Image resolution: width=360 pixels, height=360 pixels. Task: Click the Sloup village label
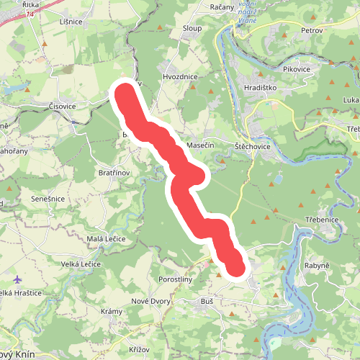pos(192,28)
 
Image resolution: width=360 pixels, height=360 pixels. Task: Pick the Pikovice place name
pos(297,69)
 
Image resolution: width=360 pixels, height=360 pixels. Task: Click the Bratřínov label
pos(113,174)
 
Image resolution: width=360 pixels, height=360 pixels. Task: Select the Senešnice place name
pos(48,199)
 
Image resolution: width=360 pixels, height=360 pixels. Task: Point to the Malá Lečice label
pos(106,238)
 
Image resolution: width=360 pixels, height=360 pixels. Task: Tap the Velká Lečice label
pos(81,264)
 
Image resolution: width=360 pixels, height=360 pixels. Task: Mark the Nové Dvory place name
pos(150,300)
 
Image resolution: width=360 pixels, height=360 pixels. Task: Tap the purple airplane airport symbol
pos(18,279)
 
